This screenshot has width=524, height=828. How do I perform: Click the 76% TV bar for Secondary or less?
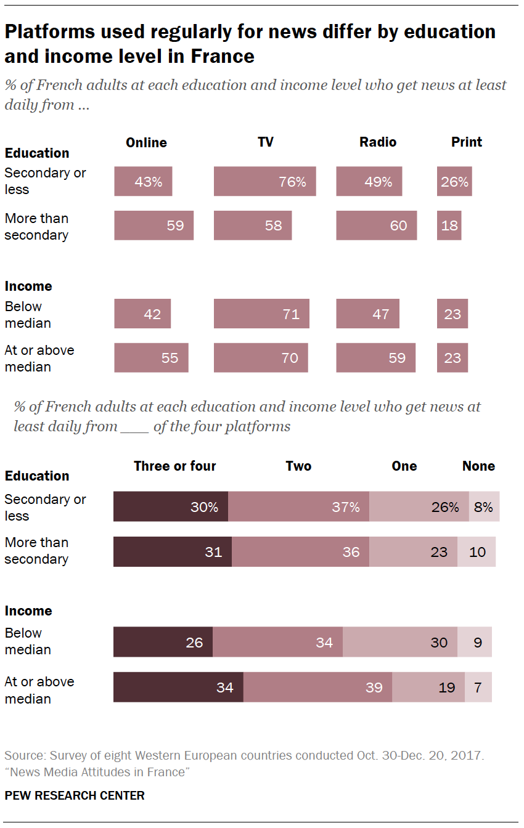[x=264, y=181]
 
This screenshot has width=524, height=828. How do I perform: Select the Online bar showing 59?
[x=154, y=225]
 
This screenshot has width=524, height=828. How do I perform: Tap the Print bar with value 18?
[x=449, y=225]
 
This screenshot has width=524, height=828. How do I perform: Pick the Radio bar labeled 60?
[x=376, y=225]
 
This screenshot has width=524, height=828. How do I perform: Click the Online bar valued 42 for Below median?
[x=142, y=314]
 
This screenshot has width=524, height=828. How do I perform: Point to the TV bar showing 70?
[x=261, y=357]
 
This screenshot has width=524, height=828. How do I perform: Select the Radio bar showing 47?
[x=367, y=314]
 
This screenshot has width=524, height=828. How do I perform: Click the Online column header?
[x=146, y=142]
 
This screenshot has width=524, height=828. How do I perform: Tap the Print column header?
[x=466, y=142]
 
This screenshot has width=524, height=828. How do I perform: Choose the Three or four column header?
[x=175, y=466]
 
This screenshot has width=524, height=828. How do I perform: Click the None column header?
[x=478, y=466]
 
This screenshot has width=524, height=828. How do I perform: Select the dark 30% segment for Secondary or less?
[x=171, y=506]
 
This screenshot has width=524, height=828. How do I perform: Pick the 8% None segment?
[x=484, y=506]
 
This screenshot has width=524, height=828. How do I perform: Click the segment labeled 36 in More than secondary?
[x=300, y=551]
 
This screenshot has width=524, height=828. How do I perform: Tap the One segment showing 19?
[x=428, y=687]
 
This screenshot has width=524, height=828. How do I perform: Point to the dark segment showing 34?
[x=178, y=687]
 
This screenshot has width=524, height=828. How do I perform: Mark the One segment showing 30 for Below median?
[x=400, y=642]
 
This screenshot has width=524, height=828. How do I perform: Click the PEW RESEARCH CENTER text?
[x=75, y=795]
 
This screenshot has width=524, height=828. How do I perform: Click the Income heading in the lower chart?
[x=28, y=611]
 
